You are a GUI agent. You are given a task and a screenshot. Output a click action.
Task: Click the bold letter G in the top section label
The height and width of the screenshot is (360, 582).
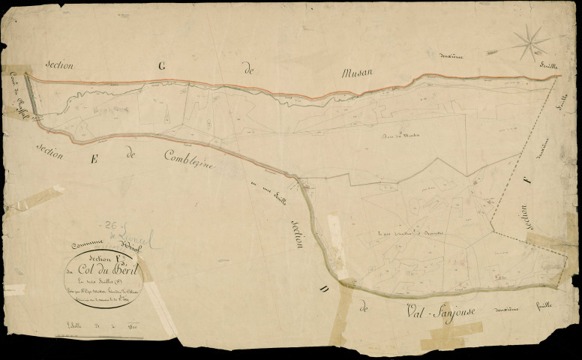pos(160,66)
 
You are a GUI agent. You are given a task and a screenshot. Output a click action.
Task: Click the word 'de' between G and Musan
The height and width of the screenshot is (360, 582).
pos(248,69)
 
